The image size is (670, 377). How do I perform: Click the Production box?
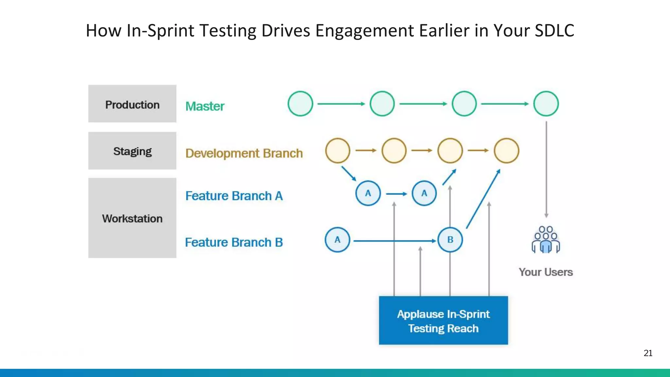tap(132, 104)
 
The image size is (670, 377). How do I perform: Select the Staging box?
tap(132, 151)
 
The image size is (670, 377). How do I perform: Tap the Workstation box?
tap(132, 218)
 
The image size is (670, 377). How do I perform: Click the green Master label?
tap(205, 106)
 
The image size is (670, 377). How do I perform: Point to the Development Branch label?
tap(244, 153)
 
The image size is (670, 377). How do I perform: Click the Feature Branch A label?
tap(234, 196)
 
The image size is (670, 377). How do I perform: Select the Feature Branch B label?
tap(234, 242)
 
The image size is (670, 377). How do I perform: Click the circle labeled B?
tap(450, 240)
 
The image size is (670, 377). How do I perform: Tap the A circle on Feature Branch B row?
tap(337, 240)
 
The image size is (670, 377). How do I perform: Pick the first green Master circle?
tap(300, 104)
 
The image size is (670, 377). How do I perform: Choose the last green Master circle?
tap(546, 104)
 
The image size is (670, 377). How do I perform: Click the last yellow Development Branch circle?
tap(506, 151)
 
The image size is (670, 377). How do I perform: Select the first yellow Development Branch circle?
tap(338, 151)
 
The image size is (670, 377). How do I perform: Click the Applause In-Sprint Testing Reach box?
tap(443, 320)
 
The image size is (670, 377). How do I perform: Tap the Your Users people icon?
tap(546, 240)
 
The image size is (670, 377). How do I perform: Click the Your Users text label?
tap(546, 272)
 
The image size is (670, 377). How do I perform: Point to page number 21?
tap(648, 353)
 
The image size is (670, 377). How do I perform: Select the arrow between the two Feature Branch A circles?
tap(396, 194)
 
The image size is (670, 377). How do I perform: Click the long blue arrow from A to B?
tap(394, 241)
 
